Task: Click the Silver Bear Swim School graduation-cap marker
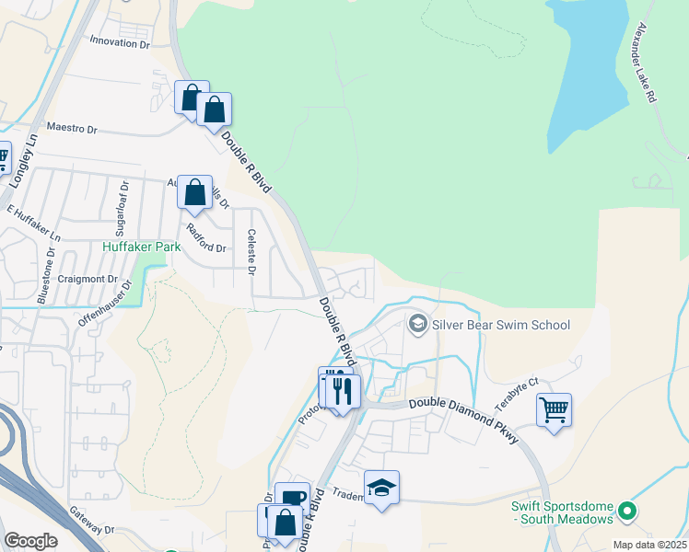[x=418, y=323]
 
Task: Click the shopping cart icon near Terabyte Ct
[x=554, y=409]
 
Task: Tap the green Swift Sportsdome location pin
[x=627, y=509]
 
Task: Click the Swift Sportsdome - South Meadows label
[x=563, y=512]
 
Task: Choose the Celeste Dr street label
[x=251, y=249]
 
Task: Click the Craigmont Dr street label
[x=88, y=279]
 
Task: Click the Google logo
[x=31, y=540]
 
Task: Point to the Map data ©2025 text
[x=648, y=545]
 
